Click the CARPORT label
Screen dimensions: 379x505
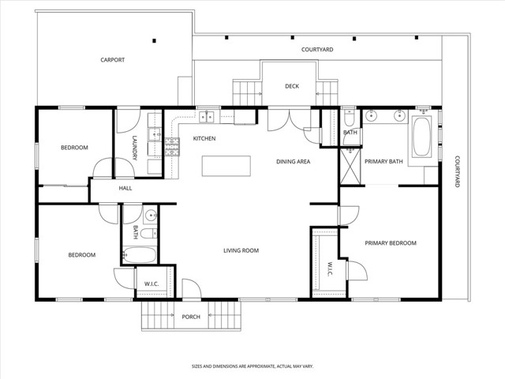[112, 60]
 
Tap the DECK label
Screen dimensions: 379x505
[291, 87]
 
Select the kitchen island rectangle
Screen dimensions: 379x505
[226, 166]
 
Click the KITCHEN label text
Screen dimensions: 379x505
[204, 139]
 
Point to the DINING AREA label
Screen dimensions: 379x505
[293, 161]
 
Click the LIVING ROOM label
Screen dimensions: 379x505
[241, 251]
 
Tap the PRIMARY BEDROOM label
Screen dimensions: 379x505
[390, 243]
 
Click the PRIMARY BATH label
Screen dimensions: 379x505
[383, 161]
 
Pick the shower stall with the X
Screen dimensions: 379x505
[350, 164]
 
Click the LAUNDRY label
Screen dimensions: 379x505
[135, 149]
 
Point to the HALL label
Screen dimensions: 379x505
[125, 189]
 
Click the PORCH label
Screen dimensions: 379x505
[191, 317]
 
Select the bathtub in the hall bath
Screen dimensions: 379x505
[140, 255]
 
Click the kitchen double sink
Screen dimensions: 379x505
[207, 118]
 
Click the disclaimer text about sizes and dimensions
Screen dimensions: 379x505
[252, 366]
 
